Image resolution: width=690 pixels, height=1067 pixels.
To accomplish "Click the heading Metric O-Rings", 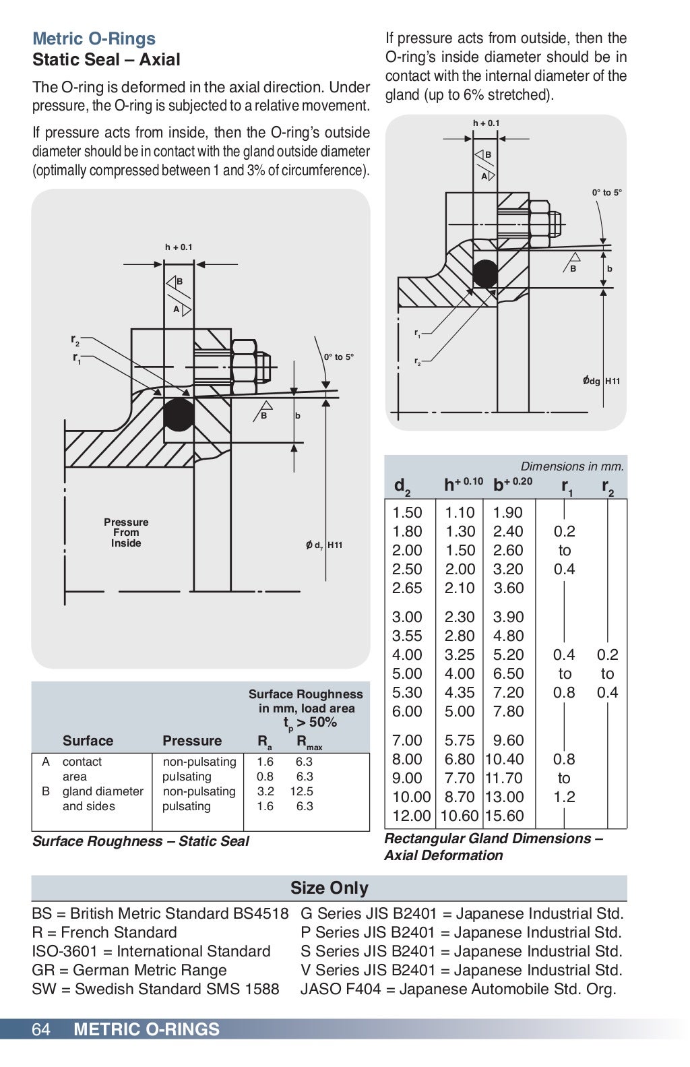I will click(x=94, y=38).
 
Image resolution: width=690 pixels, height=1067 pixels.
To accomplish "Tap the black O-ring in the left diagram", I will click(x=179, y=415).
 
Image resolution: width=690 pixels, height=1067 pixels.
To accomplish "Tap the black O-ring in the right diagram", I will click(x=485, y=273).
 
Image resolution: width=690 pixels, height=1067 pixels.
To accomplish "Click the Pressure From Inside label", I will click(x=126, y=532).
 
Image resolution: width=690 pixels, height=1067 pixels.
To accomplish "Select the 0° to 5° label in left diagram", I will click(x=338, y=357).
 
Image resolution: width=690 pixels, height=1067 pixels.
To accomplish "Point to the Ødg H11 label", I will click(x=601, y=381).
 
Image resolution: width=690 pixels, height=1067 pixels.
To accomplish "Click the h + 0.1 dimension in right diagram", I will click(x=486, y=123).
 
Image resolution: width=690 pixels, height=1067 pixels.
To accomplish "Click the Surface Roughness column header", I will click(x=305, y=708).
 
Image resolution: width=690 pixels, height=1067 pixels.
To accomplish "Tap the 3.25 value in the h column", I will click(x=460, y=654).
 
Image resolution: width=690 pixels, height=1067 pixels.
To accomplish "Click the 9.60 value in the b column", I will click(x=509, y=740).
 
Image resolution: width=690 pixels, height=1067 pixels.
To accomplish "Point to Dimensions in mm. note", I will click(x=572, y=466).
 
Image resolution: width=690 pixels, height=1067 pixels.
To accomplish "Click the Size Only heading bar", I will click(x=329, y=888).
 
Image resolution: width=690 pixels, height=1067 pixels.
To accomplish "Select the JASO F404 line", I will click(x=458, y=989).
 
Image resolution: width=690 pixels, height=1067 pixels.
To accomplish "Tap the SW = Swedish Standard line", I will click(x=155, y=989).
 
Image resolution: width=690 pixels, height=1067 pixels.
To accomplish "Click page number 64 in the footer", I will click(x=41, y=1029).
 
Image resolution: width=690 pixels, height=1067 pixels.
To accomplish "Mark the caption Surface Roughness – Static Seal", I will click(x=140, y=841).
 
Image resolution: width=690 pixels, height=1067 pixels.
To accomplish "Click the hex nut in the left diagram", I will click(x=244, y=363).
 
